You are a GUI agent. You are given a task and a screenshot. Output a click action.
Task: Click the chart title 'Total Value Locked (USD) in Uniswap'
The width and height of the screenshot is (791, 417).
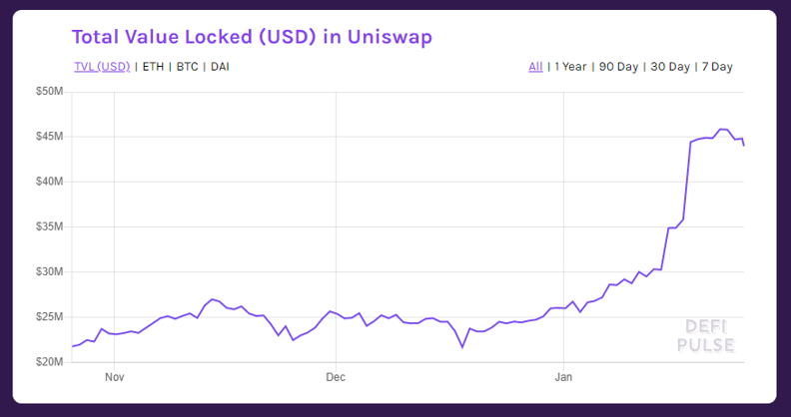[252, 37]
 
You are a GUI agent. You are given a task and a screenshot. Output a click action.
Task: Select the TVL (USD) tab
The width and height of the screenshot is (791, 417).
[103, 67]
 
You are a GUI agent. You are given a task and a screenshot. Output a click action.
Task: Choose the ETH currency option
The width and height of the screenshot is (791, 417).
[153, 67]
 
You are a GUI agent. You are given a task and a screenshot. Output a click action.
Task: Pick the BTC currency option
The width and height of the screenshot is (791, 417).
[187, 67]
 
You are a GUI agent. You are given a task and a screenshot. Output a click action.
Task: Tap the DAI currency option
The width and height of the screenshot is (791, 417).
[220, 67]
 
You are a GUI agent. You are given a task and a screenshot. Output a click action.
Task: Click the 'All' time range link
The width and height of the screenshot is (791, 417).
[535, 67]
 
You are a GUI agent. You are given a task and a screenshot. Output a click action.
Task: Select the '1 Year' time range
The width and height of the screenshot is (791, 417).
[570, 67]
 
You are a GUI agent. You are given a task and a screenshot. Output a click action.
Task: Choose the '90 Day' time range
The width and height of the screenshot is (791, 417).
[618, 67]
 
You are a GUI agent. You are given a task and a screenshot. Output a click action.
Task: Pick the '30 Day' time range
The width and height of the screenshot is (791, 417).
[670, 67]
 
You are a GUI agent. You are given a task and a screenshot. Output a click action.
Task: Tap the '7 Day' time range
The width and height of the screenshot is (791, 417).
[717, 67]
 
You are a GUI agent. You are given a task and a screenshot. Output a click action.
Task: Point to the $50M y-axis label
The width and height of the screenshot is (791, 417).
[50, 92]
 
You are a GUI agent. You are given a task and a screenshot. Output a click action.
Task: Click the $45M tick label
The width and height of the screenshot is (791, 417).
[50, 137]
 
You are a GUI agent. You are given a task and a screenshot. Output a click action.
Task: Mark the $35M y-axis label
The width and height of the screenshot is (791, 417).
[50, 226]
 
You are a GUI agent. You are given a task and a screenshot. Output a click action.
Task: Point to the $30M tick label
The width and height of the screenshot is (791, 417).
[50, 272]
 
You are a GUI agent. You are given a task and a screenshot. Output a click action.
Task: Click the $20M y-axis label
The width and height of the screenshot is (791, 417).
[50, 362]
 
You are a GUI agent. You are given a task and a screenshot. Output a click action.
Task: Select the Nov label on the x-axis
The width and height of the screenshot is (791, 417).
[115, 377]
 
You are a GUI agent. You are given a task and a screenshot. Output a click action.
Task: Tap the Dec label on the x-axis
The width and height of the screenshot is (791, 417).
[336, 377]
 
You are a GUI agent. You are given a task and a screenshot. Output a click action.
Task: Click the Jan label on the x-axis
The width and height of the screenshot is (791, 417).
[563, 377]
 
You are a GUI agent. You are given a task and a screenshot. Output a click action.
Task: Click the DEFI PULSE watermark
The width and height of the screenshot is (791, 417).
[706, 336]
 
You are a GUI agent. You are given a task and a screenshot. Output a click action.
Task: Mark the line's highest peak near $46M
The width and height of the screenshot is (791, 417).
[721, 129]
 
